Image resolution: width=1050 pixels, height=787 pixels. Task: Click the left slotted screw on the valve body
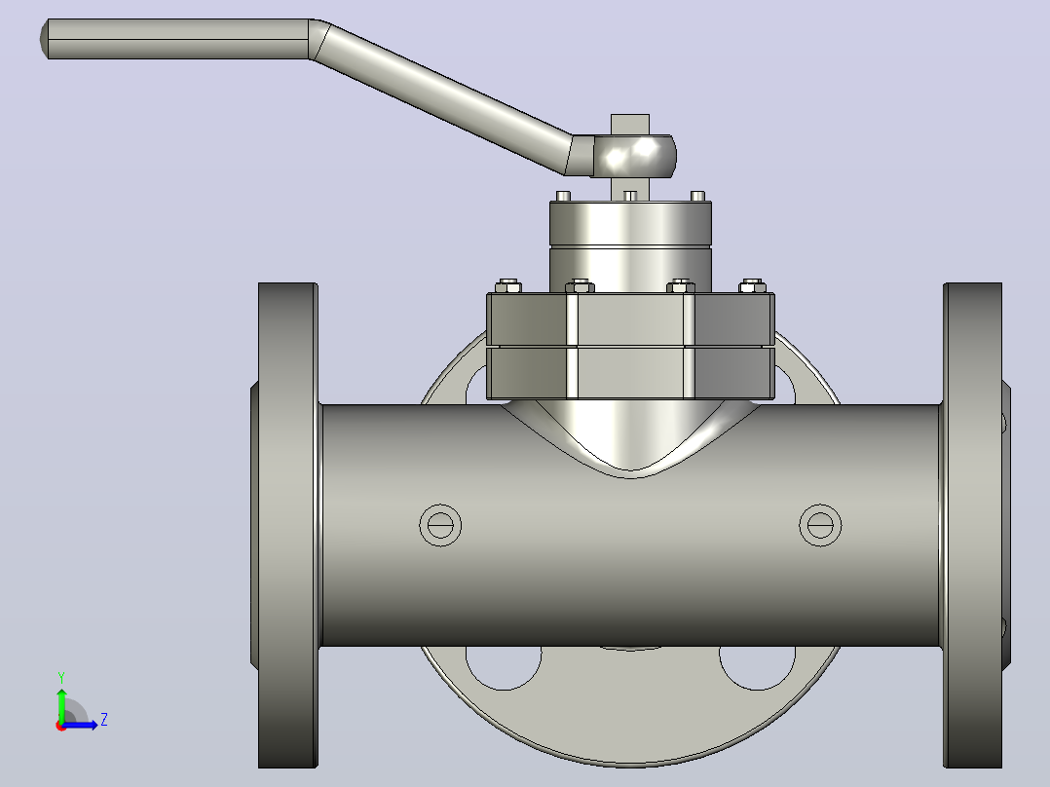(x=440, y=525)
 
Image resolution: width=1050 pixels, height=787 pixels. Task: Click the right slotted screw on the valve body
(x=820, y=525)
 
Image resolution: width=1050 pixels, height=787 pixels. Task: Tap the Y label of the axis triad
(x=61, y=678)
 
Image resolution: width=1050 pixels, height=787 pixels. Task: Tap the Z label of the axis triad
(x=104, y=720)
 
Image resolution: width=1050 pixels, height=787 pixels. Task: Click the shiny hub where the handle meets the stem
(x=633, y=156)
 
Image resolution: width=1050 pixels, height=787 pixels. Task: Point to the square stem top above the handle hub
(x=629, y=125)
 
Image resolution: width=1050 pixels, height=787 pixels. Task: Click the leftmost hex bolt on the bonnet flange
(x=508, y=286)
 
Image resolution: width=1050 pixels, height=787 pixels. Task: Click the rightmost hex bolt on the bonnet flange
(x=752, y=286)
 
